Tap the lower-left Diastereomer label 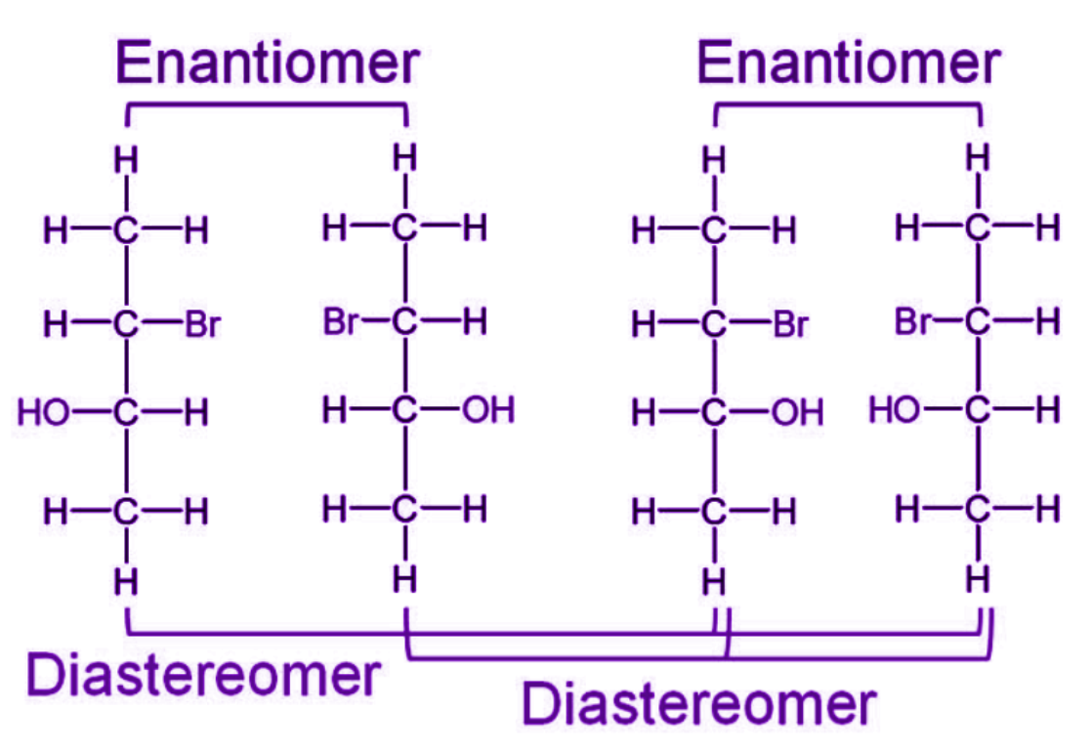click(203, 675)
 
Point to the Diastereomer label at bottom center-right click(697, 702)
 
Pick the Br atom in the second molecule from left click(341, 320)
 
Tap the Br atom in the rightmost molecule click(912, 320)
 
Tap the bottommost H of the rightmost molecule click(977, 579)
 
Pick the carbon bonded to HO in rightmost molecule click(977, 410)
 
